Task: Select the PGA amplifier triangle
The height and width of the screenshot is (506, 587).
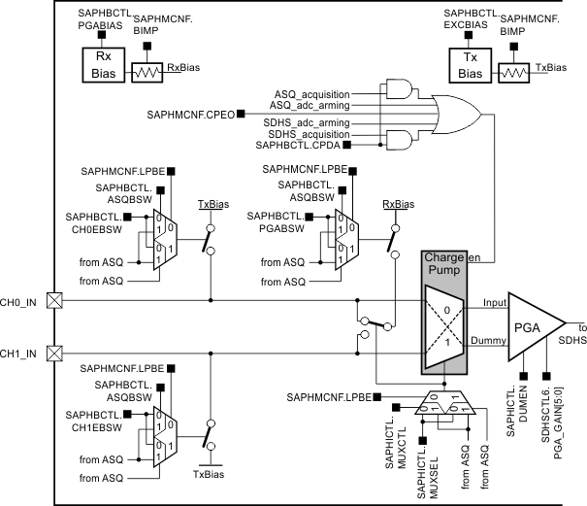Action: pyautogui.click(x=529, y=322)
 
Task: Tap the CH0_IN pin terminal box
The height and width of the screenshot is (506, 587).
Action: pyautogui.click(x=54, y=301)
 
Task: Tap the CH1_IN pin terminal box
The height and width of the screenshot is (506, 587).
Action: pyautogui.click(x=54, y=352)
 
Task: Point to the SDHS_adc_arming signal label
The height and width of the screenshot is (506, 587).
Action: pyautogui.click(x=306, y=123)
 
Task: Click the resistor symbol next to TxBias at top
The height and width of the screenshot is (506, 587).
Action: pyautogui.click(x=514, y=73)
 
